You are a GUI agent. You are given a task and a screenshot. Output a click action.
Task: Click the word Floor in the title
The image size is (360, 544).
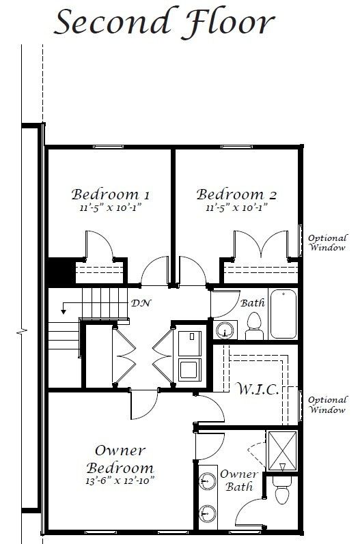click(x=227, y=23)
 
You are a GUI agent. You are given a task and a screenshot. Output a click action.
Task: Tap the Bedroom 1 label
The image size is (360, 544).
click(x=111, y=195)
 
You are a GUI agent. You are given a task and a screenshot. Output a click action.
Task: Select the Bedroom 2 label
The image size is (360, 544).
click(x=236, y=195)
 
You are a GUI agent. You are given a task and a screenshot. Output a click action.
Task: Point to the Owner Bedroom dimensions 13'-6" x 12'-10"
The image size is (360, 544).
click(x=120, y=481)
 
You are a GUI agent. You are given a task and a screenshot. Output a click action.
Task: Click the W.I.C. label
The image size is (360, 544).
click(x=258, y=389)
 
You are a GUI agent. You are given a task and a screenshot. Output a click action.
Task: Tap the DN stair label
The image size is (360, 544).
click(x=141, y=303)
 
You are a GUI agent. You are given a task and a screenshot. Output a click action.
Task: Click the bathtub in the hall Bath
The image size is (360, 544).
click(x=283, y=314)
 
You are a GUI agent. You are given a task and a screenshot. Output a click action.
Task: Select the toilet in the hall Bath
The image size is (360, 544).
click(x=255, y=326)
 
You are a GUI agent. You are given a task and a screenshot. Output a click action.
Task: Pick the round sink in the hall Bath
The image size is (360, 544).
click(x=225, y=330)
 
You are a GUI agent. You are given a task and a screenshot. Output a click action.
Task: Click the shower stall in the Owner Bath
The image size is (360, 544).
click(x=283, y=451)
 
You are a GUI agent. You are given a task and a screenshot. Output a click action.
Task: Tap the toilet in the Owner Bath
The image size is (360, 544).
click(x=282, y=490)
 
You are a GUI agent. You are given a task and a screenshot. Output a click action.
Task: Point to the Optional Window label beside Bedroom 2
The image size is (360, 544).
click(x=327, y=243)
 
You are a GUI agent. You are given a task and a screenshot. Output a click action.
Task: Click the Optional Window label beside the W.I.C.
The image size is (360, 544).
click(x=327, y=405)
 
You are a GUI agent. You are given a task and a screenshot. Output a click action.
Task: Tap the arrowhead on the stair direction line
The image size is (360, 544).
click(x=64, y=311)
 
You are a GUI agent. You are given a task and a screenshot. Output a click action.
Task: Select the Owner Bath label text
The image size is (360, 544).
click(x=240, y=481)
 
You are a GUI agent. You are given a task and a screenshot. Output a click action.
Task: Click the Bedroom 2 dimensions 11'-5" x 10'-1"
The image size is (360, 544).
click(x=236, y=207)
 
